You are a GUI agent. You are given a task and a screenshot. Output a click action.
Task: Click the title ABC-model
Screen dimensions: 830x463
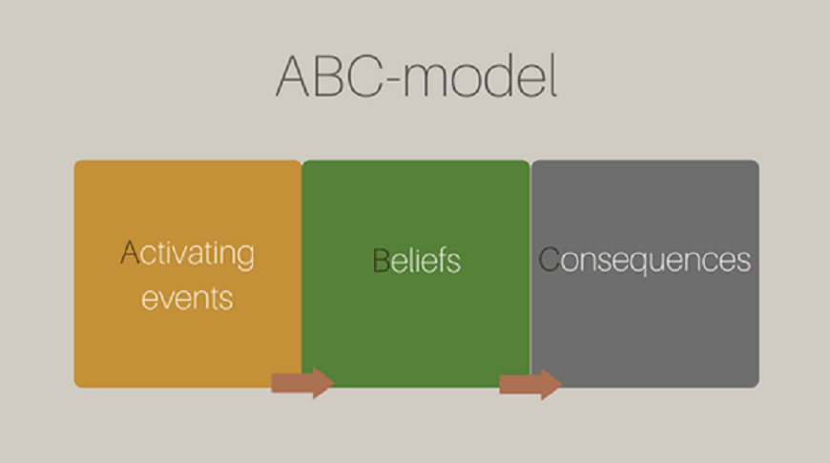pyautogui.click(x=417, y=75)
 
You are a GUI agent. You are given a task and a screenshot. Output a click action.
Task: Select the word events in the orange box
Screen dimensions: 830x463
pyautogui.click(x=187, y=298)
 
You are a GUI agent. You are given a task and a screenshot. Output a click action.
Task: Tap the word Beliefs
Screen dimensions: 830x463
pyautogui.click(x=417, y=261)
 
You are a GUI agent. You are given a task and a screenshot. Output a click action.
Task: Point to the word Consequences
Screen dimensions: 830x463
pyautogui.click(x=644, y=260)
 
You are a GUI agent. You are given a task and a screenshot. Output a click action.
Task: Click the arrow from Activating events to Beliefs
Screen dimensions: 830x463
pyautogui.click(x=302, y=383)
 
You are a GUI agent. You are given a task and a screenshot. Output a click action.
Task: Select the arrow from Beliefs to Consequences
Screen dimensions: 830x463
pyautogui.click(x=531, y=384)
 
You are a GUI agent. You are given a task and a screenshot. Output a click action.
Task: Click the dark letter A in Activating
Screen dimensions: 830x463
pyautogui.click(x=130, y=252)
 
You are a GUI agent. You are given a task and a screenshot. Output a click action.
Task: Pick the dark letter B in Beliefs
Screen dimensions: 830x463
pyautogui.click(x=381, y=260)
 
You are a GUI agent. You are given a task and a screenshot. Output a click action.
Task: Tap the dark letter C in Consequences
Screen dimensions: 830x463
pyautogui.click(x=549, y=259)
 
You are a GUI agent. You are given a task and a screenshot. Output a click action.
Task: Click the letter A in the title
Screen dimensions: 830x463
pyautogui.click(x=292, y=75)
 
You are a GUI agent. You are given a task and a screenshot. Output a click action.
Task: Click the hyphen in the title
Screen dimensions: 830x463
pyautogui.click(x=393, y=81)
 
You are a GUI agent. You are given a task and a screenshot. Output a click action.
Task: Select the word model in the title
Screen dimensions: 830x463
pyautogui.click(x=480, y=75)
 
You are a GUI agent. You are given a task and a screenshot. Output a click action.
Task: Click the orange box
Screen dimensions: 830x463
pyautogui.click(x=188, y=274)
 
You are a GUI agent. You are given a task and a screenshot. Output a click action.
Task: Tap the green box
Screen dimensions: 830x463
pyautogui.click(x=416, y=274)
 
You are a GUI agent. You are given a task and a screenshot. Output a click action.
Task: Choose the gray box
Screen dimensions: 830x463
pyautogui.click(x=645, y=274)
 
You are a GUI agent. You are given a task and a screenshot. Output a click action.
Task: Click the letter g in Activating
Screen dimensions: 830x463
pyautogui.click(x=246, y=258)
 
